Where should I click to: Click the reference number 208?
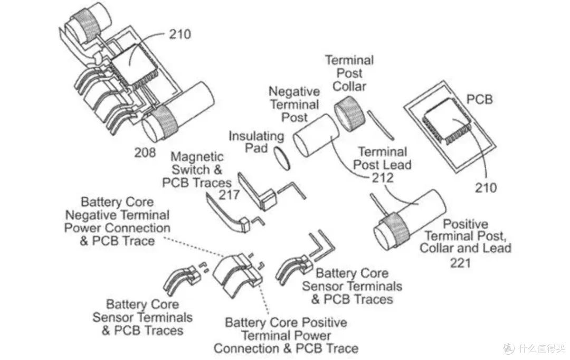(x=145, y=153)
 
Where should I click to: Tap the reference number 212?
(x=382, y=177)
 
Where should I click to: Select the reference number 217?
(x=229, y=195)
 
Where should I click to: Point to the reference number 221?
(x=460, y=262)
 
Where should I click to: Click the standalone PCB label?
(x=479, y=99)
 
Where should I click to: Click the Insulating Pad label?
(x=256, y=142)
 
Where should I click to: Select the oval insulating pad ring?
(x=282, y=158)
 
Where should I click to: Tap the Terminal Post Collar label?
(x=349, y=73)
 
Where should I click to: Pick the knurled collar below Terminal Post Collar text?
(x=349, y=113)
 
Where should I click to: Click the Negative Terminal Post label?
(x=294, y=105)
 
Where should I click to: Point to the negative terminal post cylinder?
(x=316, y=135)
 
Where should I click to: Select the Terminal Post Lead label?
(x=382, y=158)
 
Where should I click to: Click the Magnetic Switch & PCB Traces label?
(x=197, y=169)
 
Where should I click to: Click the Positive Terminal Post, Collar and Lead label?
(x=465, y=236)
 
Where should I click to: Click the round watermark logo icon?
(x=509, y=348)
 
